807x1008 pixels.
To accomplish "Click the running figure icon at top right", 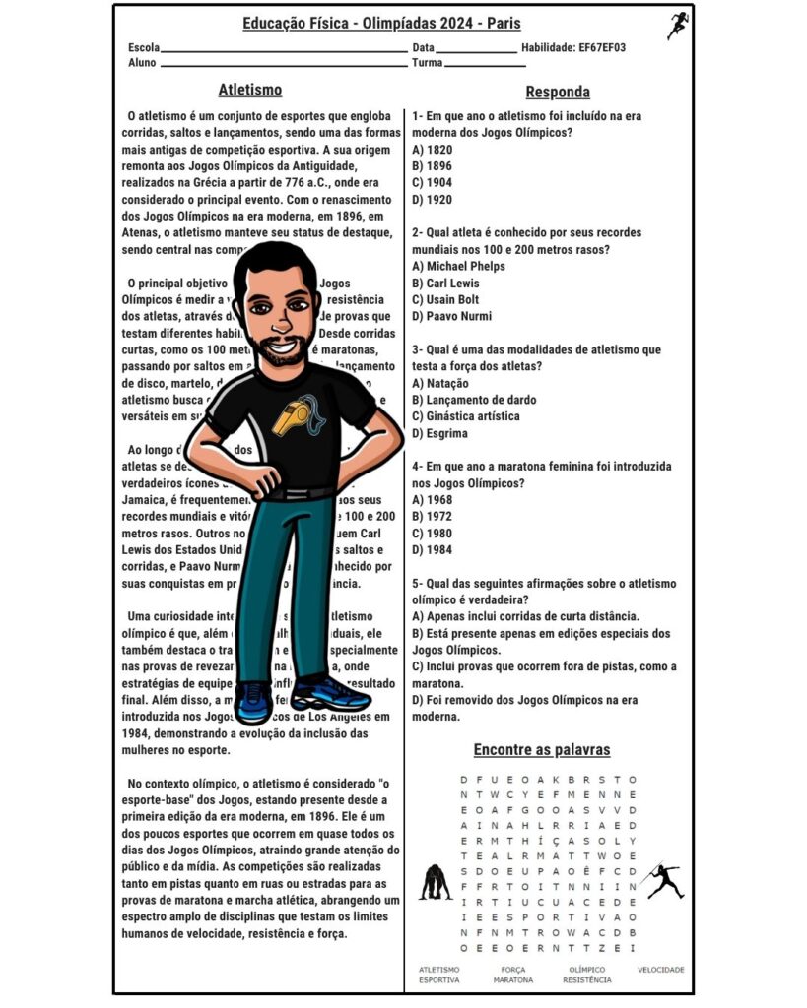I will click(677, 26).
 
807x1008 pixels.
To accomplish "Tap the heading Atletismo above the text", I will click(249, 90).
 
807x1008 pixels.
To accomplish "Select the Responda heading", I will click(558, 92).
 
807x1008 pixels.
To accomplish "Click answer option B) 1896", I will click(433, 165).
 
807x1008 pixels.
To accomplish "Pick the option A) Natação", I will click(440, 383).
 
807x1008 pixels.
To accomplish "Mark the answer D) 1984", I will click(433, 549).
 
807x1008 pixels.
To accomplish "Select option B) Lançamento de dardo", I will click(474, 400).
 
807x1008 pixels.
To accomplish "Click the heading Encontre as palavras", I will click(541, 750).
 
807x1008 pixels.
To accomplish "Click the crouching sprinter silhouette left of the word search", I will click(435, 882).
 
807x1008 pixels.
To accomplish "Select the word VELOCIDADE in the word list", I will click(660, 970).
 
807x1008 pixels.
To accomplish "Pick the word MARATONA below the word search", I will click(512, 980).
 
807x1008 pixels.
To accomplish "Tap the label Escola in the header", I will click(143, 47).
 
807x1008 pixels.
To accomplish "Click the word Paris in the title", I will click(503, 24).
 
